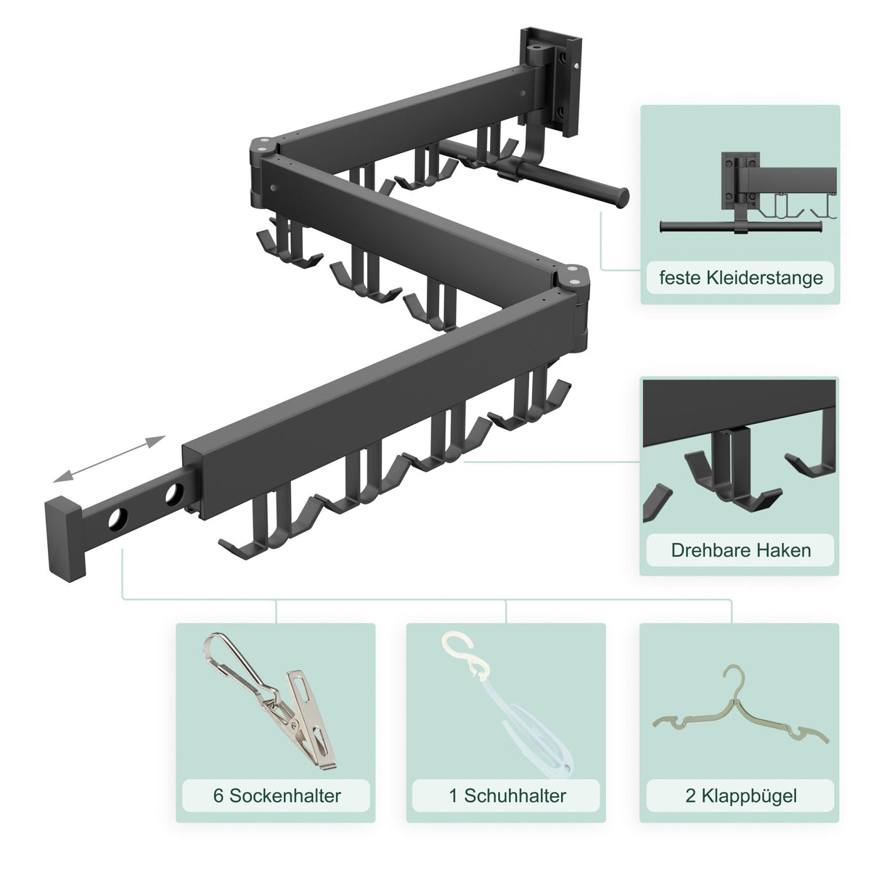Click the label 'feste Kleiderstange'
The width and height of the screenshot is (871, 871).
click(741, 277)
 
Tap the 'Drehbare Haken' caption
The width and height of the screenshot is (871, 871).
click(741, 550)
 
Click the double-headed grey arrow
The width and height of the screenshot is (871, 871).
click(109, 459)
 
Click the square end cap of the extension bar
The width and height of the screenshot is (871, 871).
click(65, 539)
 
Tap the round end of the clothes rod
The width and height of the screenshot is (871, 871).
click(621, 198)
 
